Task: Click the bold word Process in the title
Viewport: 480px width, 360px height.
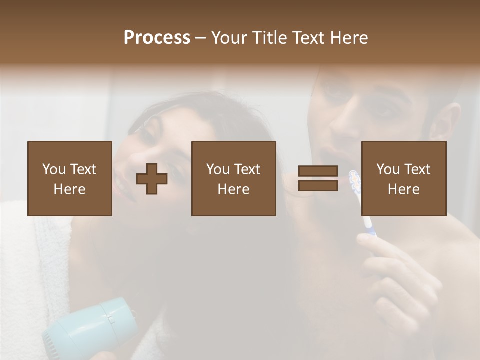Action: (157, 38)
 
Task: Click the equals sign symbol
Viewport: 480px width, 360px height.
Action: (318, 178)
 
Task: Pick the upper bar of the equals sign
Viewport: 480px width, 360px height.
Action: (318, 171)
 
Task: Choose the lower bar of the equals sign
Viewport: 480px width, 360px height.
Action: (318, 185)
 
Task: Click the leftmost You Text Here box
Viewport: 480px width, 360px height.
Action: (69, 178)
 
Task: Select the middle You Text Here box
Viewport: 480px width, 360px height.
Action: (233, 178)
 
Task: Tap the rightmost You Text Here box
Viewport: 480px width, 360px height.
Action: (403, 178)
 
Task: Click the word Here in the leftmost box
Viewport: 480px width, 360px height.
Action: (69, 189)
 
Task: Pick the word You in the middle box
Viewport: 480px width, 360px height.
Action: (218, 169)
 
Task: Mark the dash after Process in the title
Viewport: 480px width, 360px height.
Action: (200, 38)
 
